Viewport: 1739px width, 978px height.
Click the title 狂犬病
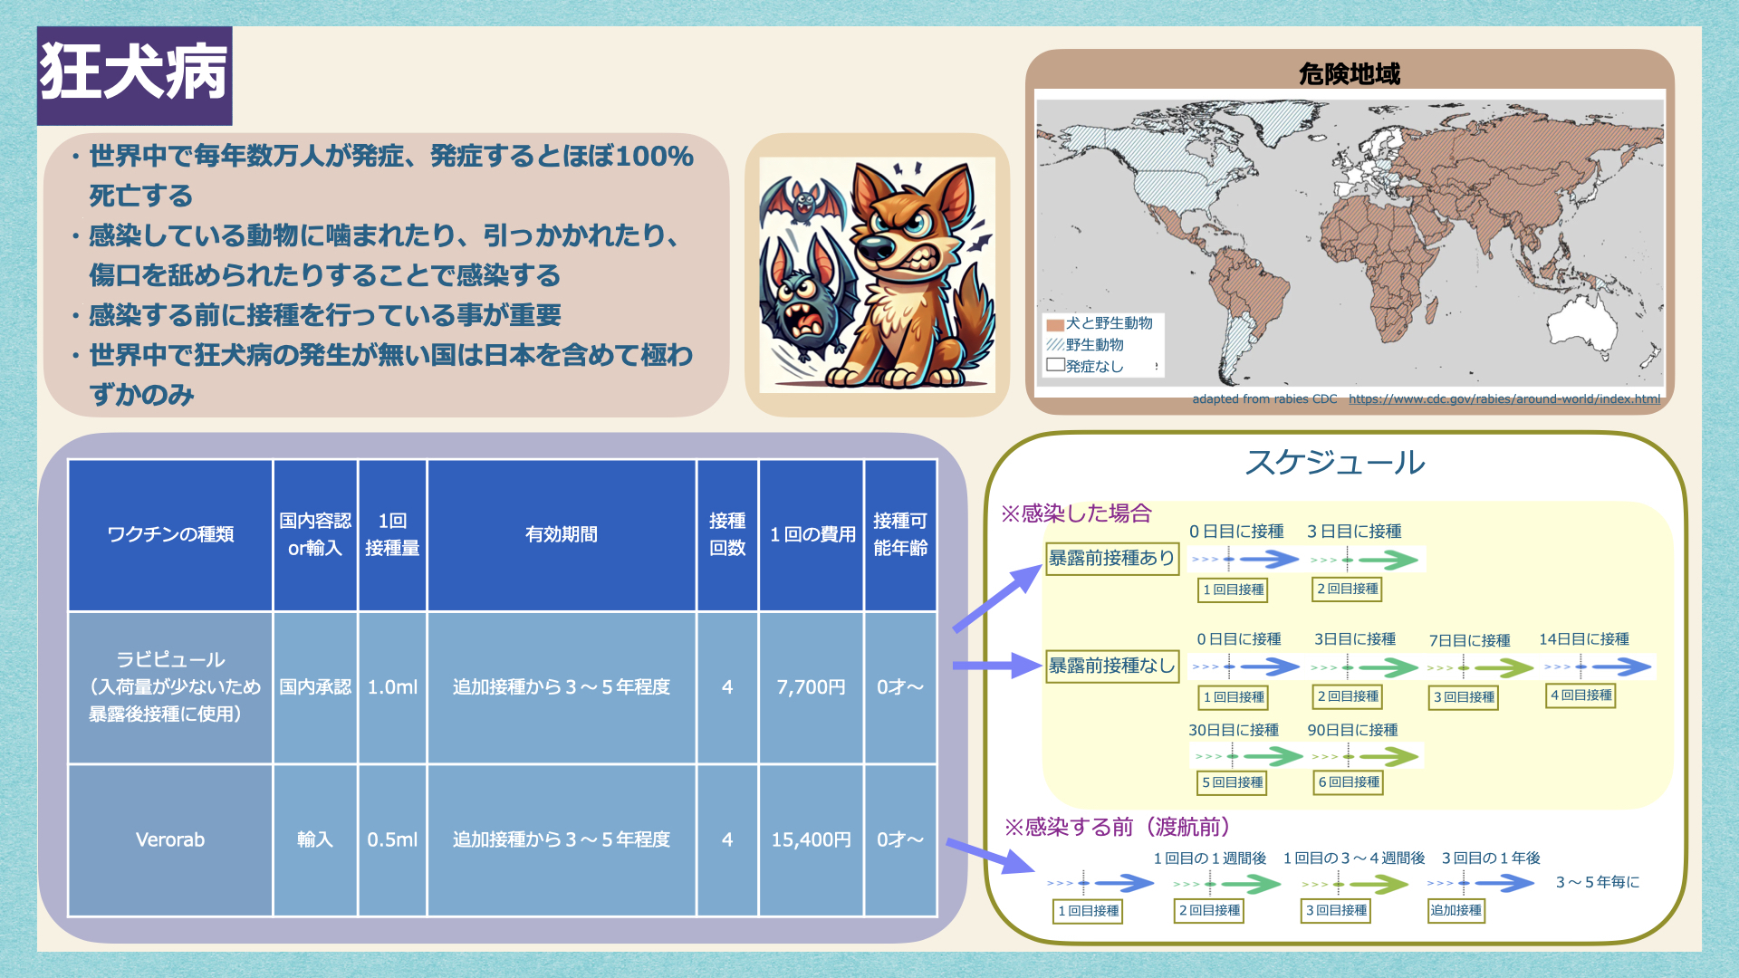[134, 72]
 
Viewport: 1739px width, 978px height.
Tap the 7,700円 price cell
[811, 687]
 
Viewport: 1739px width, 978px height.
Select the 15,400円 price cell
[811, 840]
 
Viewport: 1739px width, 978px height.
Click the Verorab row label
[170, 840]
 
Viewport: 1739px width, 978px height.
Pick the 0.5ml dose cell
[392, 840]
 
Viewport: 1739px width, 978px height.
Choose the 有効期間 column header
[562, 534]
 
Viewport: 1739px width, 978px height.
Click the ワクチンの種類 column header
[170, 534]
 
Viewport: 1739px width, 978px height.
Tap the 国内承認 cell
[315, 687]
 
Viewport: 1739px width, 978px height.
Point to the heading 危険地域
[1350, 73]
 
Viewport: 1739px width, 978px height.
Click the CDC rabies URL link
[1504, 398]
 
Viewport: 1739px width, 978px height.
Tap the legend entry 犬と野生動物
[1100, 323]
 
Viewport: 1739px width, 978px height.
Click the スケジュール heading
[1335, 462]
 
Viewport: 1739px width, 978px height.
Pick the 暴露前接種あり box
[1112, 558]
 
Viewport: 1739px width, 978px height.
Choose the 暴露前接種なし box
[1112, 666]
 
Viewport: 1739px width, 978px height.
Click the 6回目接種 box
[1349, 782]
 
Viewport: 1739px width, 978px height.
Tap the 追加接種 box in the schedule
[1456, 910]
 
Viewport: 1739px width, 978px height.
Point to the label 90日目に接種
[1352, 730]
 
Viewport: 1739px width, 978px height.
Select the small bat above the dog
[801, 199]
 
